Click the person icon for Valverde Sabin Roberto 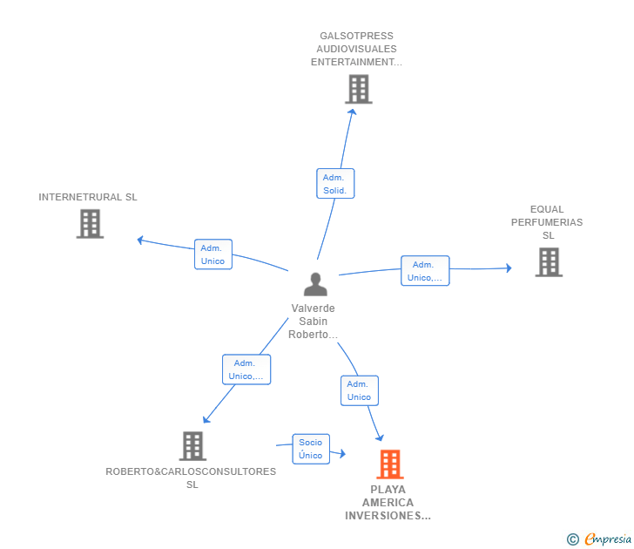point(314,284)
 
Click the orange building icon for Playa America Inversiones point(390,464)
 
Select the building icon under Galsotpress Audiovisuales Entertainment point(358,89)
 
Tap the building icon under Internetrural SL point(90,224)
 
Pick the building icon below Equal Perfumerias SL point(548,262)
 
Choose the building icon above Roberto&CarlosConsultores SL point(192,446)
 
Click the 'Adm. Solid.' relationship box point(334,183)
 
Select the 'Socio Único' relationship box point(311,449)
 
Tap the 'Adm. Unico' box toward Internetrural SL point(212,254)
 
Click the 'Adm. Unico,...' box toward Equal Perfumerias point(425,271)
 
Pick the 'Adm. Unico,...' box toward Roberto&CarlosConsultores point(246,369)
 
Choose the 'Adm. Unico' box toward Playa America point(359,390)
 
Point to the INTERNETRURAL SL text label point(88,197)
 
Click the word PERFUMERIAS point(547,222)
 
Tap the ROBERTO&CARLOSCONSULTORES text point(191,471)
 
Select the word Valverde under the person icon point(313,308)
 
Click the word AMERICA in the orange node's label point(388,503)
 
